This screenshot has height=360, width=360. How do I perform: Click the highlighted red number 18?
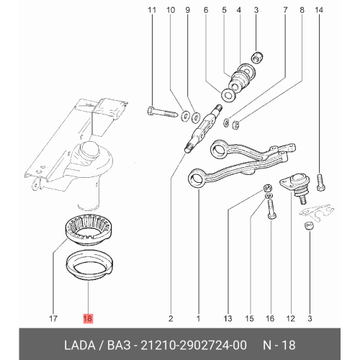click(x=88, y=318)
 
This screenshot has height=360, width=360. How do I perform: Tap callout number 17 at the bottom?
click(x=53, y=318)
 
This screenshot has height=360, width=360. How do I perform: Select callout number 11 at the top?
click(x=152, y=10)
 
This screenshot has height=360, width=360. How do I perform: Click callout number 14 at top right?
click(x=319, y=10)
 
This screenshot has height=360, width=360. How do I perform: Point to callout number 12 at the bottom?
click(x=290, y=318)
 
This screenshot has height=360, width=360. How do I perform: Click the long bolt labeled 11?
click(x=162, y=112)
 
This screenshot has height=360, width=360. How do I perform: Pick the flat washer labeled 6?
click(x=228, y=94)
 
